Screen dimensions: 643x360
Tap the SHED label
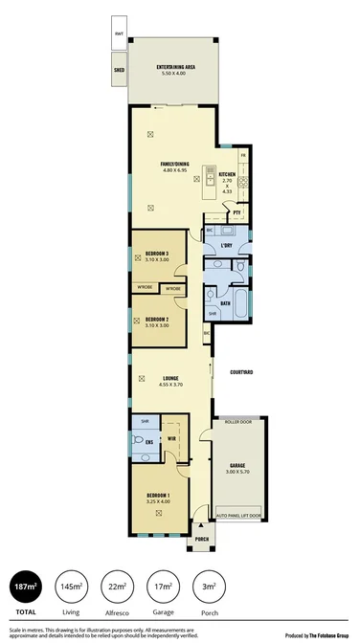tap(120, 70)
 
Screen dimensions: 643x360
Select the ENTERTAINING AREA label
tap(176, 67)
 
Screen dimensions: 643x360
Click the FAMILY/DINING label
tap(175, 165)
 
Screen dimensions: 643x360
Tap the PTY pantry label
tap(236, 211)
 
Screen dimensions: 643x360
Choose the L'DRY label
tap(227, 246)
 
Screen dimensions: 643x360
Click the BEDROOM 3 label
tap(156, 255)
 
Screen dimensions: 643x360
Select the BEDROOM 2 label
tap(156, 320)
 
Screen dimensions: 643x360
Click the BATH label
tap(226, 303)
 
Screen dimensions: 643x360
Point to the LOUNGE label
tap(171, 378)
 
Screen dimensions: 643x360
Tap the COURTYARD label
tap(240, 372)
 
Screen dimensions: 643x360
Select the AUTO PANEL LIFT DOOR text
tap(239, 515)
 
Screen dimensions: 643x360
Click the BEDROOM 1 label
tap(158, 497)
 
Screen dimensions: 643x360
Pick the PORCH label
tap(202, 540)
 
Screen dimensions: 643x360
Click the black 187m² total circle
tap(25, 587)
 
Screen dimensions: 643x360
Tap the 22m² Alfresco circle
tap(117, 587)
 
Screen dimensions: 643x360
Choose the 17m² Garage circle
tap(163, 587)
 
